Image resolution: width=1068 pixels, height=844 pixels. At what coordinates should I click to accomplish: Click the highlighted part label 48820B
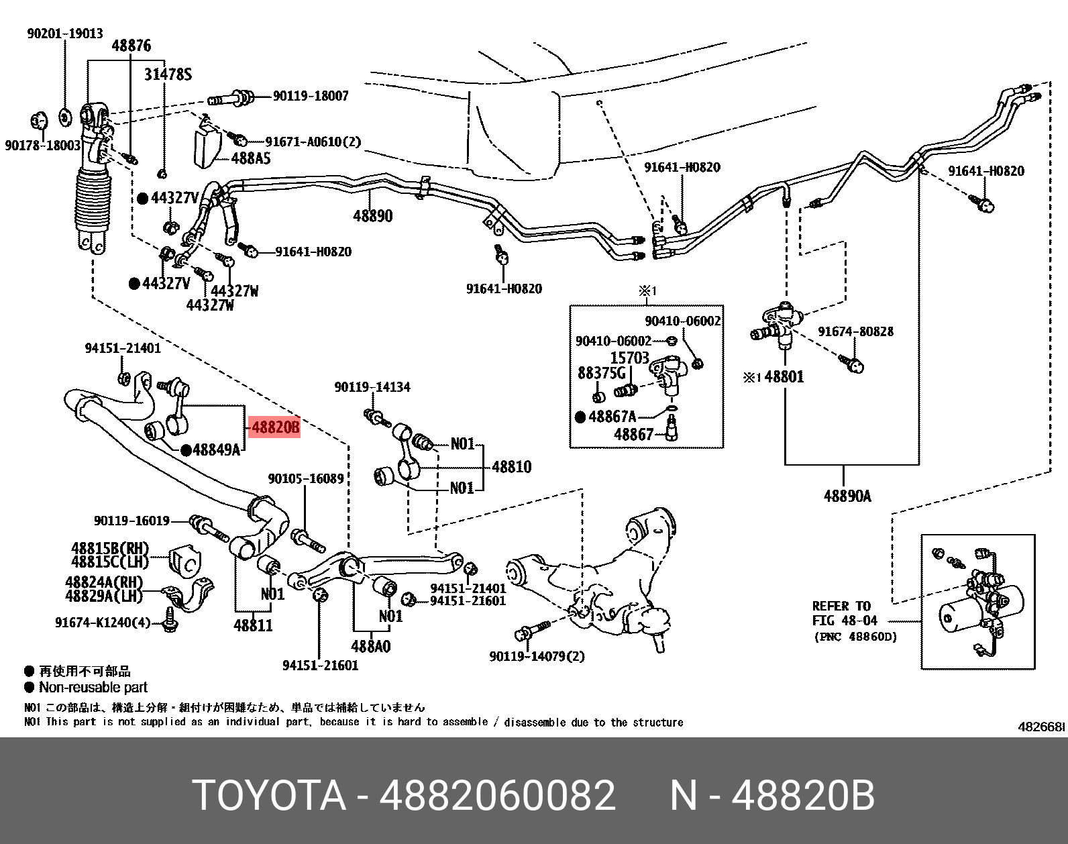tap(274, 427)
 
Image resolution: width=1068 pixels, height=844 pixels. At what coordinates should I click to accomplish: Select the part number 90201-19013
tap(65, 34)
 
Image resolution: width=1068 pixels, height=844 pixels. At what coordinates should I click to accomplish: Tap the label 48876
tap(131, 46)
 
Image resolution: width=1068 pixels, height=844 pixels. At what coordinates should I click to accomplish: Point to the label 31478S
tap(168, 74)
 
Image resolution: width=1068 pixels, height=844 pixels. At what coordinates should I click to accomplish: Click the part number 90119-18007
tap(311, 96)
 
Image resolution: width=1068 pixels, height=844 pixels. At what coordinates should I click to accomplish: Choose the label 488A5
tap(251, 158)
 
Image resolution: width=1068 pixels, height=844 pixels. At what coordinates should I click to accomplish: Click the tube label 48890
tap(372, 215)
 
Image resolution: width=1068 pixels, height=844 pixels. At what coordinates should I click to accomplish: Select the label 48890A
tap(847, 496)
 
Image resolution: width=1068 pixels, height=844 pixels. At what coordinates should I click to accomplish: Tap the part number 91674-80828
tap(855, 331)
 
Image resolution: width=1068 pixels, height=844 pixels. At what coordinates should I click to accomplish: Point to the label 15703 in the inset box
tap(629, 358)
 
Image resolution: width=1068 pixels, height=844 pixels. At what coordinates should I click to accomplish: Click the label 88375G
tap(601, 372)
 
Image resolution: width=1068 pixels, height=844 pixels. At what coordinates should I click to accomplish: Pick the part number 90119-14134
tap(372, 387)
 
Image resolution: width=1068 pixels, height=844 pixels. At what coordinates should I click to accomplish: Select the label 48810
tap(511, 466)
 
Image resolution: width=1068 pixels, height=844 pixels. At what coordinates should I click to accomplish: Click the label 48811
tap(253, 625)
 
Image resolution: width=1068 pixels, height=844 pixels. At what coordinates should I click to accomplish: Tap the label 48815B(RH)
tap(110, 548)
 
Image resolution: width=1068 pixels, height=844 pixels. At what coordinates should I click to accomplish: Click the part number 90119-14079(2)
tap(537, 655)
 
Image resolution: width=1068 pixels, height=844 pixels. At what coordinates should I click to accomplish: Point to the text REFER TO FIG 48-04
tap(844, 613)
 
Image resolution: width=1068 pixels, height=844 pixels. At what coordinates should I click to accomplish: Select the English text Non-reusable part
tap(93, 687)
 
